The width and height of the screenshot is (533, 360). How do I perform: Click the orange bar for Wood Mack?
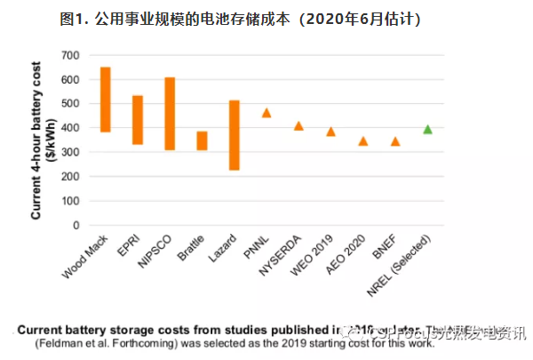(x=105, y=100)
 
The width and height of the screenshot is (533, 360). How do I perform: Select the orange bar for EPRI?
(x=138, y=120)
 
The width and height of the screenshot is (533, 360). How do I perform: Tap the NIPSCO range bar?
(x=170, y=114)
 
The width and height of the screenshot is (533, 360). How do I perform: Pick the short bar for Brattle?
(x=202, y=140)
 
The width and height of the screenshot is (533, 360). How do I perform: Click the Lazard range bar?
(x=235, y=135)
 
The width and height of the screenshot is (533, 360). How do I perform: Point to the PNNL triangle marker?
(x=266, y=113)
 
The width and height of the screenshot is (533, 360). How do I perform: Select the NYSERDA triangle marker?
(x=298, y=125)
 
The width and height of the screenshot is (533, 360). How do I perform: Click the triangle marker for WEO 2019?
(x=330, y=132)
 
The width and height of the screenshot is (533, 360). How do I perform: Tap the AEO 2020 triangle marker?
(x=362, y=140)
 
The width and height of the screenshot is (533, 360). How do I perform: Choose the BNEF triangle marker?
(x=395, y=140)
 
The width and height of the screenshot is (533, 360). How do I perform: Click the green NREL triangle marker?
(x=427, y=129)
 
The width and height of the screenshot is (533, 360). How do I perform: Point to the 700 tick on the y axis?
(x=71, y=56)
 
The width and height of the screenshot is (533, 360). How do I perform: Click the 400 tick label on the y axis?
(x=71, y=129)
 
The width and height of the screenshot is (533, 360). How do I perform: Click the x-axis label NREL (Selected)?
(x=405, y=268)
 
